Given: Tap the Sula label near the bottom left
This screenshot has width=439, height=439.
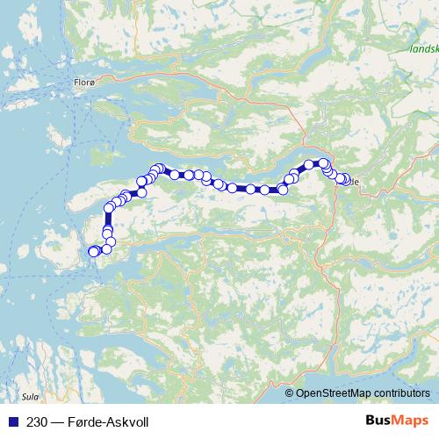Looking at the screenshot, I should (32, 397).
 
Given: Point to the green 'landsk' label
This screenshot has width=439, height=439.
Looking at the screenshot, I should (424, 50).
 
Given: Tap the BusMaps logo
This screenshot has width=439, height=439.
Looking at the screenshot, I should (395, 421).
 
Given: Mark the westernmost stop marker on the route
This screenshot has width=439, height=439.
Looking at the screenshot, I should (93, 253).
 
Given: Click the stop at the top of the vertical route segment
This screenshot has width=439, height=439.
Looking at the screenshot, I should (110, 208).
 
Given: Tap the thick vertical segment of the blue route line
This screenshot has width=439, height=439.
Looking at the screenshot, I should (109, 219).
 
